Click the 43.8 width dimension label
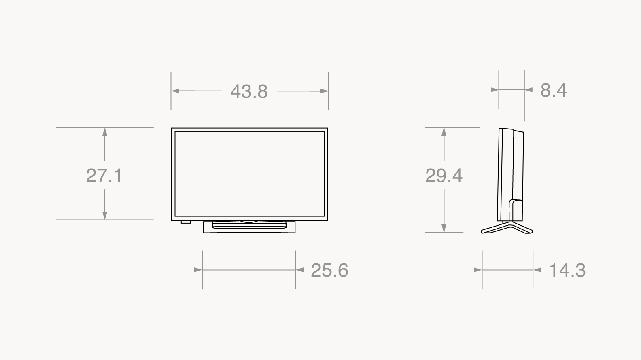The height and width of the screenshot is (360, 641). click(x=249, y=91)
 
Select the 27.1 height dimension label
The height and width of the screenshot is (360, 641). click(x=104, y=176)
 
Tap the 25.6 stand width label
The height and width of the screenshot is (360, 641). click(x=329, y=270)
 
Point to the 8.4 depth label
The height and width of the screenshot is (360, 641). click(x=553, y=90)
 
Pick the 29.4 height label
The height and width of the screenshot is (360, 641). click(x=444, y=176)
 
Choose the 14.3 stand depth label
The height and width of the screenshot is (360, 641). click(x=567, y=270)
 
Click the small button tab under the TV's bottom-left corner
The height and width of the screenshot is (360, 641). click(x=186, y=222)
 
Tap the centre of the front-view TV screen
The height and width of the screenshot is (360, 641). click(x=249, y=174)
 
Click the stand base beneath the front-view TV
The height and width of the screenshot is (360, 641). click(x=249, y=227)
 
